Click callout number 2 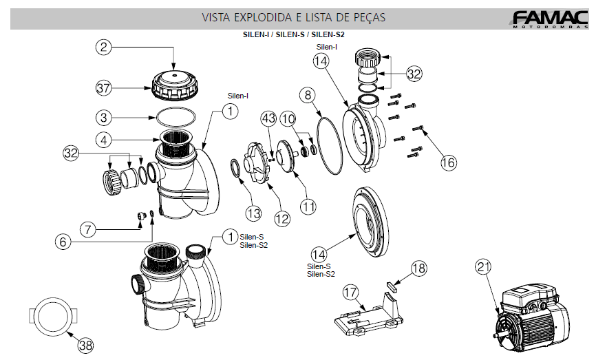(x=103, y=47)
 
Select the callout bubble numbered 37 (x=103, y=88)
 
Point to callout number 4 (x=103, y=140)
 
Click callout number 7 (x=87, y=229)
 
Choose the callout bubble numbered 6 (x=63, y=241)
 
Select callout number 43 (x=268, y=118)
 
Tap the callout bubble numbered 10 (x=288, y=118)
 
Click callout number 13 (x=255, y=211)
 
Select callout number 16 (x=448, y=162)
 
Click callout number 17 (x=351, y=293)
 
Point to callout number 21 (x=484, y=268)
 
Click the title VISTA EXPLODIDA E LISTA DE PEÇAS (x=293, y=17)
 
